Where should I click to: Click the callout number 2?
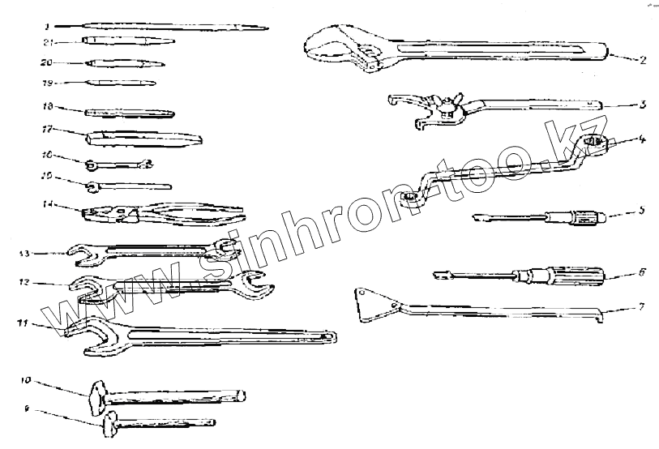coord(641,59)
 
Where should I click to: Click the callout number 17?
coord(47,127)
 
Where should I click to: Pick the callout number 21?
coord(48,42)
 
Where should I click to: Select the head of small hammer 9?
coord(110,422)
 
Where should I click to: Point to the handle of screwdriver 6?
coord(576,275)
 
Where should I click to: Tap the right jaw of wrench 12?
coord(255,286)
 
